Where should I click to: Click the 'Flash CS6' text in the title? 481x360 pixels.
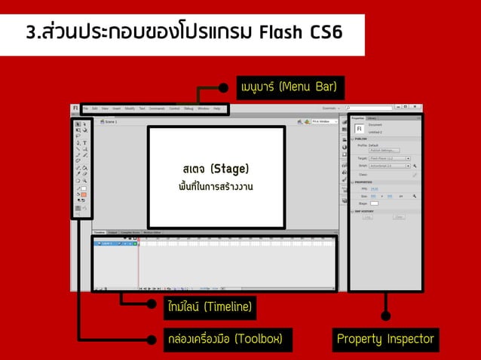(300, 33)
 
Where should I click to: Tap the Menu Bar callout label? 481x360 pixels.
(287, 87)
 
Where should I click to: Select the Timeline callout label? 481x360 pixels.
(210, 307)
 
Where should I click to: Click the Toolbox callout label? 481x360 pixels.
(225, 340)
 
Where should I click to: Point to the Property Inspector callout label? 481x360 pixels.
(385, 340)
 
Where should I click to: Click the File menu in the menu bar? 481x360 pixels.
(85, 108)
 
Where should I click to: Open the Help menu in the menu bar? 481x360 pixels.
(216, 108)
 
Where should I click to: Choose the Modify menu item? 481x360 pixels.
(130, 108)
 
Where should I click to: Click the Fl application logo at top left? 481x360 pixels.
(75, 108)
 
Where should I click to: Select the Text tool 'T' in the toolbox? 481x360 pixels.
(84, 142)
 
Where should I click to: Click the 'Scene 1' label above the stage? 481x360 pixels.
(110, 121)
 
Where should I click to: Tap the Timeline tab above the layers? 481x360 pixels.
(99, 233)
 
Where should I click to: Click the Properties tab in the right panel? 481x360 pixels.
(357, 118)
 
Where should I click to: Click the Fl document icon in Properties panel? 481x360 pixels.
(359, 128)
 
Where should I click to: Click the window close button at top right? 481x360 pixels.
(415, 108)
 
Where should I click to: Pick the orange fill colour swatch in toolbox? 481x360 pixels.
(84, 194)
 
